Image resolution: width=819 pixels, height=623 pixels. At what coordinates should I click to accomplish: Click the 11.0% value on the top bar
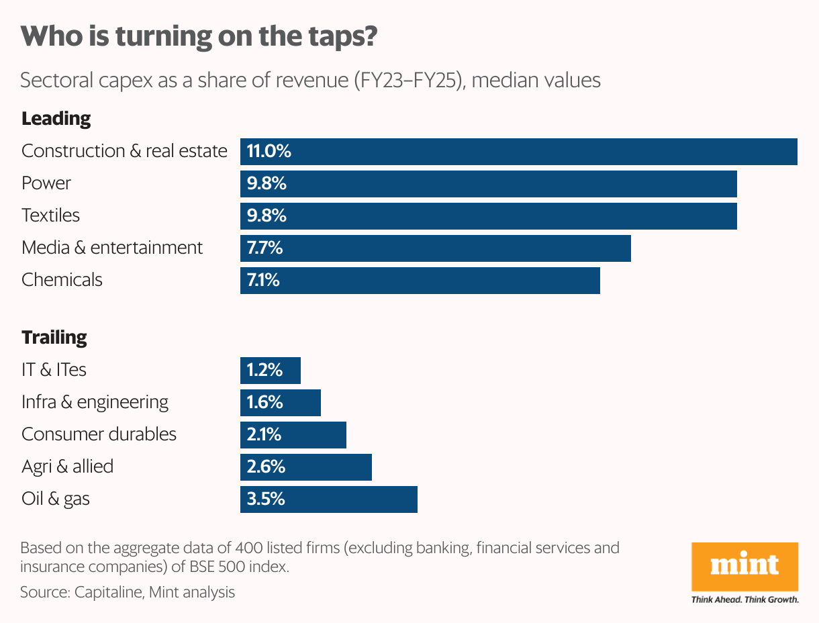269,151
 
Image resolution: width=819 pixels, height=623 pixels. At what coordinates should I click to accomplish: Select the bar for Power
489,183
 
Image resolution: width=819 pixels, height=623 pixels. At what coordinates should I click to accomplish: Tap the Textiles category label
50,215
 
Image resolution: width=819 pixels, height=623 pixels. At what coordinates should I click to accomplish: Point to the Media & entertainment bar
436,248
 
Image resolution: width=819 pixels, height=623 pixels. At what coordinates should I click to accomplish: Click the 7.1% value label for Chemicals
263,280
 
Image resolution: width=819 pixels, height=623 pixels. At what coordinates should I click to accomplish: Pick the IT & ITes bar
271,370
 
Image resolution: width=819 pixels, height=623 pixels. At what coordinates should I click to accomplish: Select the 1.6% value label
265,402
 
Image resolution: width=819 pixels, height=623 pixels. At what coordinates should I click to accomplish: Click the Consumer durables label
99,434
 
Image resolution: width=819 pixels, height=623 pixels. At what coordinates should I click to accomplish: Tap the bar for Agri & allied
306,467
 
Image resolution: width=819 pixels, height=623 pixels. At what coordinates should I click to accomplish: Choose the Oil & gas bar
329,499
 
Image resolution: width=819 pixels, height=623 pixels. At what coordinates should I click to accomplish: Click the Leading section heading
56,119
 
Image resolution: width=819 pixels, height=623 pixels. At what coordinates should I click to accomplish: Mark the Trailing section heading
54,337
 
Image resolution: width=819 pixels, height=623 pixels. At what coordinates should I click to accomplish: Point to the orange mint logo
744,566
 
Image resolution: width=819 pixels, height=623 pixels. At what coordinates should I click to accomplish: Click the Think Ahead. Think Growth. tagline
744,600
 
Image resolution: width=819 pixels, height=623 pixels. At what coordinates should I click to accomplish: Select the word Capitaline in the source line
108,592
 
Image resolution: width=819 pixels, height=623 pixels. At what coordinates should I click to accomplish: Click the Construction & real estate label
124,151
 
